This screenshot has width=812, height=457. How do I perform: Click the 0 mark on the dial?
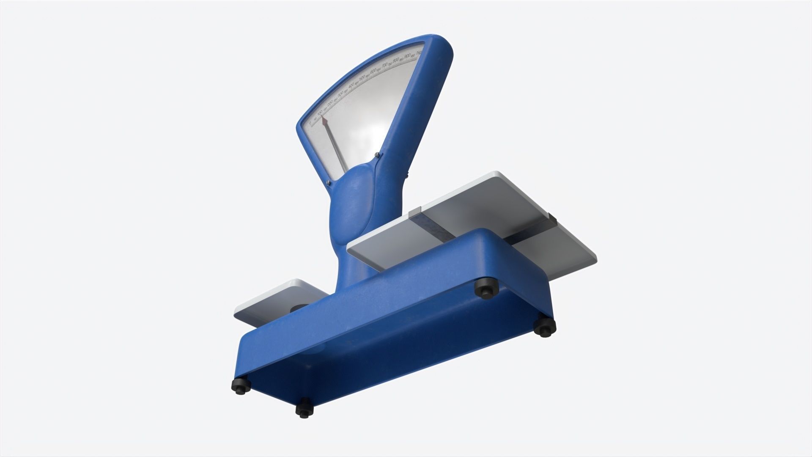310,123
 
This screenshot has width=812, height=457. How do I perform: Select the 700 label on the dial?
384,65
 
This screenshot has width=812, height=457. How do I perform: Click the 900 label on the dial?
407,55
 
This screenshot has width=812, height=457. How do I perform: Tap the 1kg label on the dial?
419,53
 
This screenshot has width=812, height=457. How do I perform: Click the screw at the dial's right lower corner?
376,154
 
